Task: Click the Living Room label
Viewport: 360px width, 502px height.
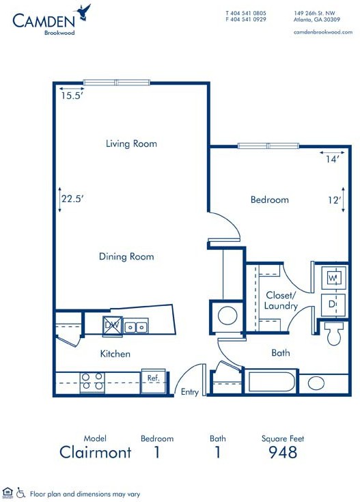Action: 131,143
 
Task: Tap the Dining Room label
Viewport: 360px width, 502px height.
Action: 126,256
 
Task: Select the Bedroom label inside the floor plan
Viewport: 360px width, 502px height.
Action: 270,199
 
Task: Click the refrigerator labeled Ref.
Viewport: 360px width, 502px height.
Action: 154,381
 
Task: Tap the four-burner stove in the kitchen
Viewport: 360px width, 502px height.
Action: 92,382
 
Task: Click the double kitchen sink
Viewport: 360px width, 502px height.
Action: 136,326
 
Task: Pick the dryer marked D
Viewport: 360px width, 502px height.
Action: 333,305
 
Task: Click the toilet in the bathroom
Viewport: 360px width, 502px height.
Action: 334,333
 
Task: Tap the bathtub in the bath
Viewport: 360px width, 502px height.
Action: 271,382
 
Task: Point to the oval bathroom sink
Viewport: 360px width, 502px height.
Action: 316,382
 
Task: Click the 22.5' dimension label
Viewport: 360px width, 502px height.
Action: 72,199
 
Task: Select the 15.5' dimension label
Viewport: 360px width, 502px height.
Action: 72,96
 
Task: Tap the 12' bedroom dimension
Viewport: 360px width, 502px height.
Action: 334,200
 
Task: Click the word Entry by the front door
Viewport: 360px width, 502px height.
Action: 190,392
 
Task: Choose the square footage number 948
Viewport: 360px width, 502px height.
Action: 283,452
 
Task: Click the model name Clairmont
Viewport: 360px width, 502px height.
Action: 96,452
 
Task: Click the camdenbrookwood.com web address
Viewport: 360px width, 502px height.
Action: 323,32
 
